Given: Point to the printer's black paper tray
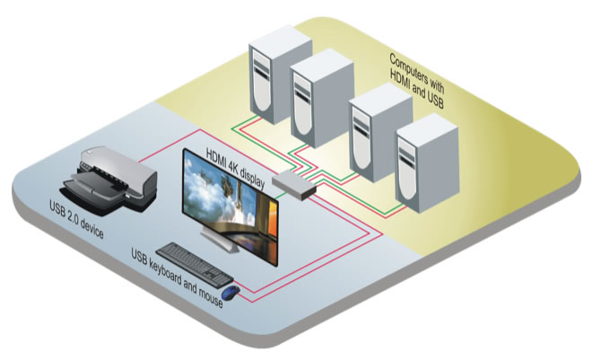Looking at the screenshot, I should (85, 192).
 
